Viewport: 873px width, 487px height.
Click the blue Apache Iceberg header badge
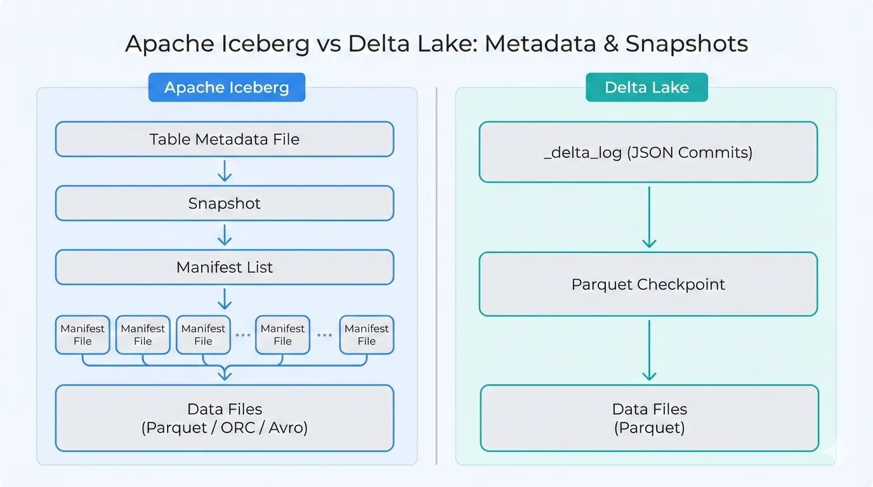click(226, 88)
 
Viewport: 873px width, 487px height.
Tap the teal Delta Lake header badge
click(646, 88)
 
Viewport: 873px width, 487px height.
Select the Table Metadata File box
click(225, 140)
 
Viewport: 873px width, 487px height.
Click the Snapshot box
click(225, 204)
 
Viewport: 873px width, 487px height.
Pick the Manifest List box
click(225, 268)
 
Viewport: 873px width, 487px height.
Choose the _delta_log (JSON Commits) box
click(648, 153)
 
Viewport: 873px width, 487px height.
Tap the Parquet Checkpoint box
click(648, 284)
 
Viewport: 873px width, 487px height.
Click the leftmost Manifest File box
click(82, 335)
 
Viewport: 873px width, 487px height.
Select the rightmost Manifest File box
click(366, 335)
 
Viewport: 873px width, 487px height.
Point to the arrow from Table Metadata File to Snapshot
click(225, 171)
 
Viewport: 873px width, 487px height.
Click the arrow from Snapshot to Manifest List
click(225, 235)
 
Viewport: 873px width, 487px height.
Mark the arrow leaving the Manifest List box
click(225, 299)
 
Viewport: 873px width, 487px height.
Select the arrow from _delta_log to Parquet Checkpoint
click(648, 217)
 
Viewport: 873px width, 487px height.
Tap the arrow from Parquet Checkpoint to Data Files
click(648, 350)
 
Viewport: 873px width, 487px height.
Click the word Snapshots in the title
click(686, 44)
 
